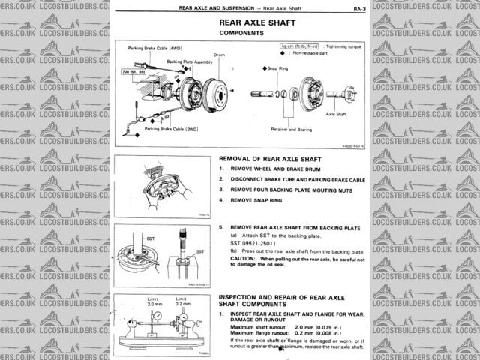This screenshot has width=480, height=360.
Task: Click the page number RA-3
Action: pos(358,9)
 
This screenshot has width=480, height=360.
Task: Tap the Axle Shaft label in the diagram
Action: pos(334,113)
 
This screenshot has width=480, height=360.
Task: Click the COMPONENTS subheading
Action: pos(242,34)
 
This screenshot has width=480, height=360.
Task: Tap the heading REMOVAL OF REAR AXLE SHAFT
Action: pos(270,159)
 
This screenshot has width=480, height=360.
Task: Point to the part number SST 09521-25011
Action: pos(253,244)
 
